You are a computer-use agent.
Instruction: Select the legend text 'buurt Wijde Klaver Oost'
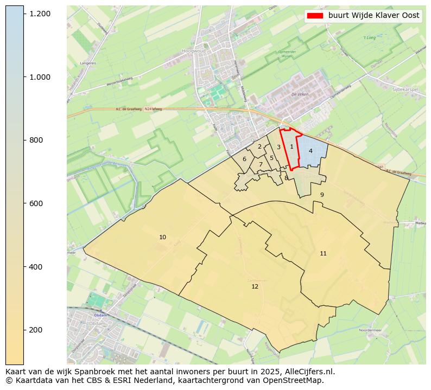373,16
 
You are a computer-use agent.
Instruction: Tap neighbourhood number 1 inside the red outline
291,146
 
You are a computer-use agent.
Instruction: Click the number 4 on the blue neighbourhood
310,151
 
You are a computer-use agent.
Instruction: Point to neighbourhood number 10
162,238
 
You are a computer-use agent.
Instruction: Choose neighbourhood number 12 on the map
255,286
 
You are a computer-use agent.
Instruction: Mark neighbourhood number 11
323,254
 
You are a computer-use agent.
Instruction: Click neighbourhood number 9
322,195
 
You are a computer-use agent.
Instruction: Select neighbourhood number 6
244,159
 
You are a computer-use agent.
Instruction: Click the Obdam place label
101,315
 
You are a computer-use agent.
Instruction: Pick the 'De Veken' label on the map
300,94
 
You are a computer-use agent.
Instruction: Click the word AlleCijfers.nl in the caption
310,372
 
